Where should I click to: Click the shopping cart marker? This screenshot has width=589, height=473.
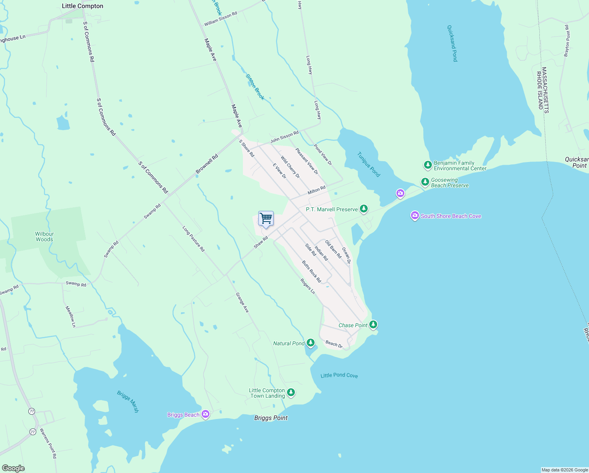click(266, 219)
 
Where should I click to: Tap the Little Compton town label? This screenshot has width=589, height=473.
click(83, 6)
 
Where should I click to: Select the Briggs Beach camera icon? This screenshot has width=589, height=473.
click(205, 414)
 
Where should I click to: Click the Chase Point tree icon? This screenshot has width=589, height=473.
click(373, 325)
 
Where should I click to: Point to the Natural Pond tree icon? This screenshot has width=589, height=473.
click(311, 343)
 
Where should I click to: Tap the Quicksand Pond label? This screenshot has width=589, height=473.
click(452, 43)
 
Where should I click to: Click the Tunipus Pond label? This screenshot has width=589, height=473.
click(369, 164)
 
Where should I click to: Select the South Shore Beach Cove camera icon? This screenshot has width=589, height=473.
click(415, 216)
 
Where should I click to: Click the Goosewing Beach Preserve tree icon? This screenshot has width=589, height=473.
click(425, 182)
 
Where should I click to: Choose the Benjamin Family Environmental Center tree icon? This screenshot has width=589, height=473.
click(428, 165)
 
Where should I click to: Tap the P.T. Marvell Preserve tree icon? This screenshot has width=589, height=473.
click(364, 209)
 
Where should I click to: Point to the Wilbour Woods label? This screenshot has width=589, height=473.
click(44, 236)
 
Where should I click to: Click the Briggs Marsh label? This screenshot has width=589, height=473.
click(128, 401)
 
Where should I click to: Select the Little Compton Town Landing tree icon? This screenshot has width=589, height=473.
click(291, 392)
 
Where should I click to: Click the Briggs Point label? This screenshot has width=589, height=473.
click(271, 418)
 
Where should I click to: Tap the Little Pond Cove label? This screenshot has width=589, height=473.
click(339, 375)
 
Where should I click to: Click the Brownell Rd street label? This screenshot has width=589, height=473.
click(207, 164)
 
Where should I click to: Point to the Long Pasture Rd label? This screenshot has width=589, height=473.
click(194, 239)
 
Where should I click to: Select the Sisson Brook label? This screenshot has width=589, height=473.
click(255, 87)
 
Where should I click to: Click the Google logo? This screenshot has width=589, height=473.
click(13, 468)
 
